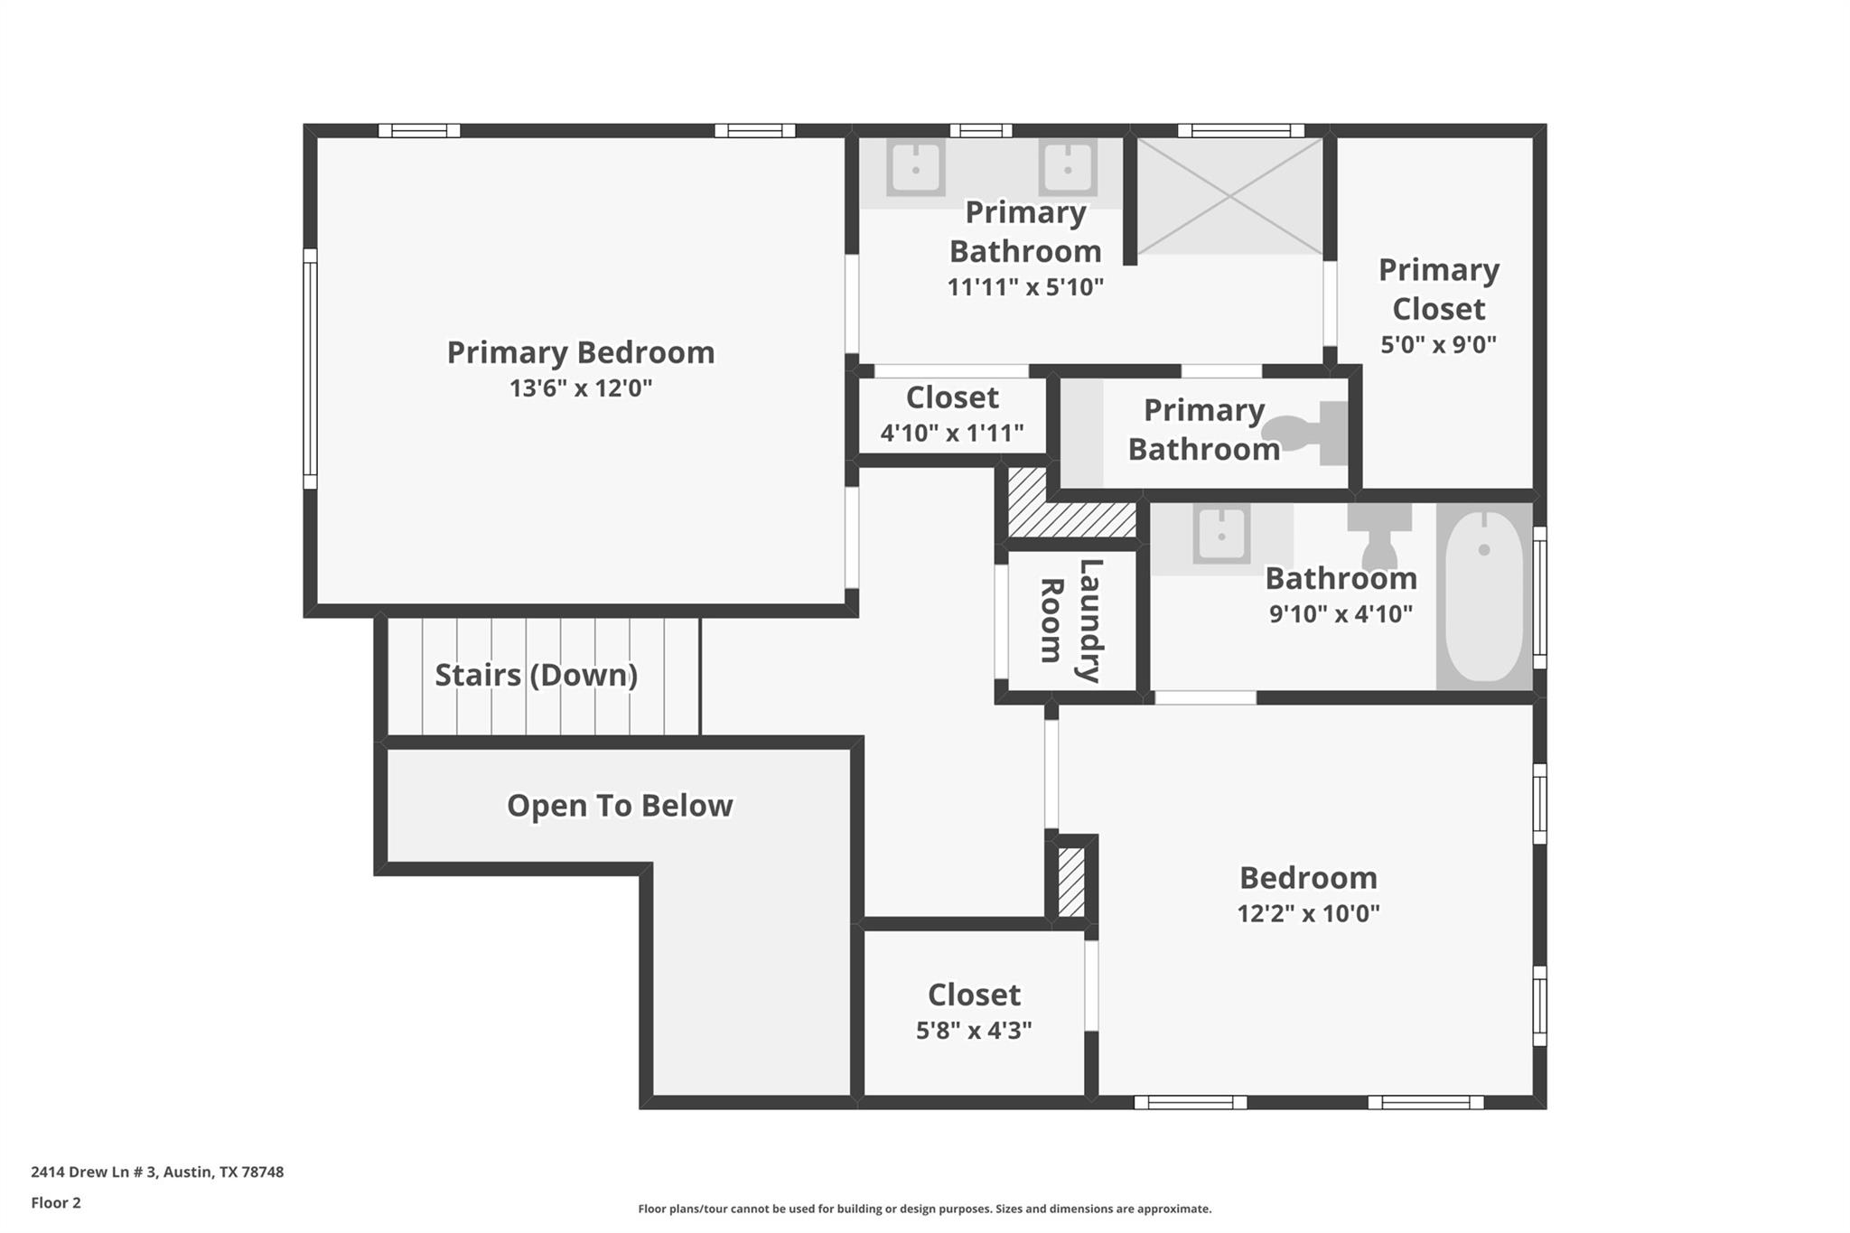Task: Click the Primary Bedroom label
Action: point(580,352)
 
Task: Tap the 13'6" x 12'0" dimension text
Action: point(580,388)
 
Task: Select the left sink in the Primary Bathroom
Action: point(915,168)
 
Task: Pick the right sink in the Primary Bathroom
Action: point(1067,168)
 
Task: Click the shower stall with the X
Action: point(1229,196)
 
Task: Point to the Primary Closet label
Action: point(1438,289)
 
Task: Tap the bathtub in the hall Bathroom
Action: point(1483,596)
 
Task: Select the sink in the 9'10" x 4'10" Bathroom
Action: point(1220,535)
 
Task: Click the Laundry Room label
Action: point(1071,621)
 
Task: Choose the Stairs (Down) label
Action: point(536,675)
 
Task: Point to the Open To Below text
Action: point(619,806)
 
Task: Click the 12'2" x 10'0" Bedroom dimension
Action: point(1308,913)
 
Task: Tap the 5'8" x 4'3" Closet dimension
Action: point(974,1031)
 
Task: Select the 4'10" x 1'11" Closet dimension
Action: point(952,434)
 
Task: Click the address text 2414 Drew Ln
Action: point(157,1172)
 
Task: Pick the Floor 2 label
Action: point(56,1203)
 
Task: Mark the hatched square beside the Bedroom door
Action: point(1070,882)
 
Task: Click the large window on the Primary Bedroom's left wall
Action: point(310,369)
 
